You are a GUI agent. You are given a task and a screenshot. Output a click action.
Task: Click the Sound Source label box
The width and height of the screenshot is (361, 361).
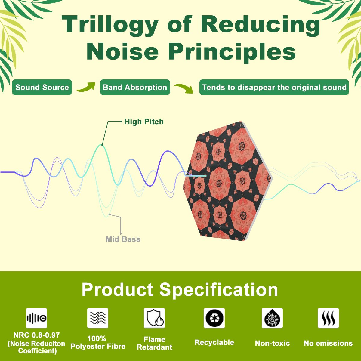pos(42,87)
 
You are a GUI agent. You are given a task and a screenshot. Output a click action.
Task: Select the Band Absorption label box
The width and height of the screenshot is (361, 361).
pos(135,87)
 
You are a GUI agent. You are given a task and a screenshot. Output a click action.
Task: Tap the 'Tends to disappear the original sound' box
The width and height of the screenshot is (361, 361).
pos(274,87)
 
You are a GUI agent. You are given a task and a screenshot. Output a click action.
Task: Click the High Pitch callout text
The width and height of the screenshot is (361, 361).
pos(144,122)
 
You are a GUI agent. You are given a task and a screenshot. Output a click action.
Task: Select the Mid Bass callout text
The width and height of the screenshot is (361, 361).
pos(123,239)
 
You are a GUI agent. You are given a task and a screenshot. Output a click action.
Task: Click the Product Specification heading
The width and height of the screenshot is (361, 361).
pos(180,290)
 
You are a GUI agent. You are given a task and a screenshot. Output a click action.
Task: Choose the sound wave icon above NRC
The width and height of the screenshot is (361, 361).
pos(36,318)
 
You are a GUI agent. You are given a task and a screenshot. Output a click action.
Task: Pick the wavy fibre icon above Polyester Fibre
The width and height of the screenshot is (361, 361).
pos(97,318)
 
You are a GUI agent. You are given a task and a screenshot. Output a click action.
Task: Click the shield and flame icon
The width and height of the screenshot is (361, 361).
pos(154,318)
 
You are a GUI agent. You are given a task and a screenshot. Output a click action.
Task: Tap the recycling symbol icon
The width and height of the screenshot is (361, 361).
pos(214,318)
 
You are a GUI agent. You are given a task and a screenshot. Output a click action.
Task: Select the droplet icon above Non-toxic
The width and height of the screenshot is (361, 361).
pos(272,318)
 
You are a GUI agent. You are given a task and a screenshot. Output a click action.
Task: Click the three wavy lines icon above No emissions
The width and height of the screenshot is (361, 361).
pos(328,318)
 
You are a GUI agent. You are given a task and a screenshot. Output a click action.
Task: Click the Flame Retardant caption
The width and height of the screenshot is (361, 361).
pos(155,343)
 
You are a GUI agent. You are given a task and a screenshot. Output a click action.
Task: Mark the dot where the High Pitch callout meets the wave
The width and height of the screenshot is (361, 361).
pos(102,145)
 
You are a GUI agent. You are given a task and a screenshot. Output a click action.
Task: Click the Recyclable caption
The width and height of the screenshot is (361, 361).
pos(214,342)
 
